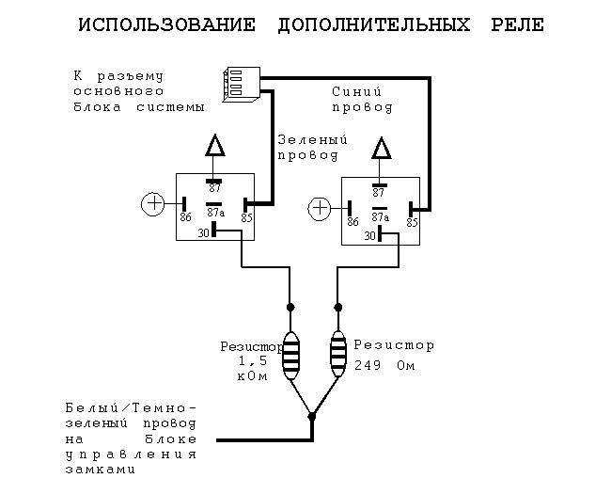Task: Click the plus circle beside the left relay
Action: pos(152,203)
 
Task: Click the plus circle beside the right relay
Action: pos(320,207)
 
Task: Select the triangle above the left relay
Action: pos(215,146)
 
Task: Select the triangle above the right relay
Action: pos(380,149)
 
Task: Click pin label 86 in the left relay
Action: pos(185,217)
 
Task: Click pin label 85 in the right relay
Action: pos(412,222)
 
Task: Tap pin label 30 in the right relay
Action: pos(370,236)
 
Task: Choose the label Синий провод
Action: pos(362,100)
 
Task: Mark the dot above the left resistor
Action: pos(290,307)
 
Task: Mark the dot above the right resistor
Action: pos(338,307)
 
